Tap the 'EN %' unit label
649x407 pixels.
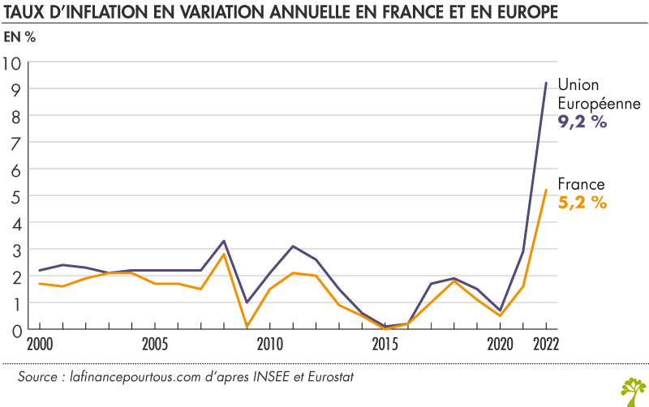20,37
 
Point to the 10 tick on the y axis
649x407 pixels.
14,62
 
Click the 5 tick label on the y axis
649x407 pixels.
15,195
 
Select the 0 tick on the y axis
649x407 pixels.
15,329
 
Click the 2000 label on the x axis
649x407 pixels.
39,343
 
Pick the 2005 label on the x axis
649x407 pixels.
156,343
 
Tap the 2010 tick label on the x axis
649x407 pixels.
270,343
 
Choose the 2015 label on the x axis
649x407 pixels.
385,343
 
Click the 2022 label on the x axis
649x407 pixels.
545,343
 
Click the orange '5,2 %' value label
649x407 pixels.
582,203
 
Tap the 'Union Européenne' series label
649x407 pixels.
599,96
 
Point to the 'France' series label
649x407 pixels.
581,185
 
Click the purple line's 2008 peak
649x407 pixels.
224,241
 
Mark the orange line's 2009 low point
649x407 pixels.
247,327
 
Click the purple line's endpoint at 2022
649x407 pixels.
546,83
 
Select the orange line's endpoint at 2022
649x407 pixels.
546,190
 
